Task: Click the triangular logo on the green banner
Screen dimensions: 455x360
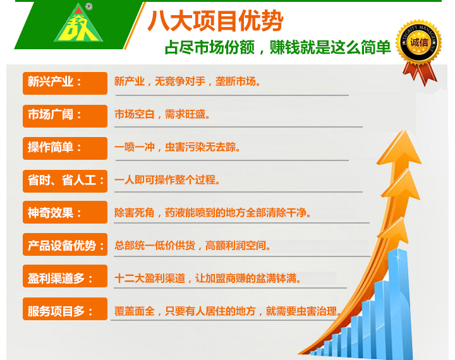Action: pos(78,25)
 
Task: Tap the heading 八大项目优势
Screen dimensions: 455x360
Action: pos(215,21)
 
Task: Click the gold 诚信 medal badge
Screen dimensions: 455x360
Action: pos(419,42)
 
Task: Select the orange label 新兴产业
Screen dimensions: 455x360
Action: pos(65,83)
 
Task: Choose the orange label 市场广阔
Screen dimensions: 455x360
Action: pos(65,116)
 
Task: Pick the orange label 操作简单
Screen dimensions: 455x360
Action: pos(65,148)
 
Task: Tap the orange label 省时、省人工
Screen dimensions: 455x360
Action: pos(65,181)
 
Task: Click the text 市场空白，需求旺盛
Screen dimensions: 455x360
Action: pos(162,114)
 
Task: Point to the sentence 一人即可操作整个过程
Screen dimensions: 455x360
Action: pos(167,180)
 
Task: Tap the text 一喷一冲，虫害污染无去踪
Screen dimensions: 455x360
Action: pos(178,147)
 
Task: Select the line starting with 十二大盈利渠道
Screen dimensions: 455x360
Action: pos(207,279)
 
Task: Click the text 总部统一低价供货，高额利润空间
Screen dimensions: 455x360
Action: pos(192,246)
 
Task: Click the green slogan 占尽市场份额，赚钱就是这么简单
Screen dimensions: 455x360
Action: pos(277,47)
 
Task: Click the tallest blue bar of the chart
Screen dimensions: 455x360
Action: pos(400,303)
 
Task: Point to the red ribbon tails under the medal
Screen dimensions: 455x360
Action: pos(420,73)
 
